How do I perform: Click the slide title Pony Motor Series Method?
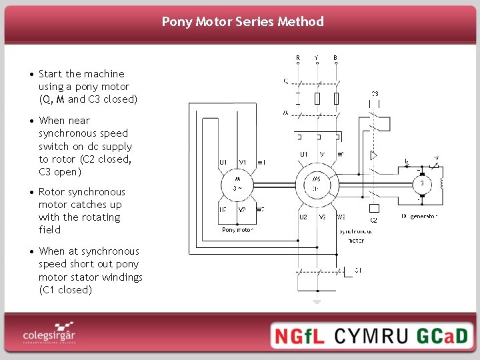pos(243,21)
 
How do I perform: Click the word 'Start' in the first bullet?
pos(51,74)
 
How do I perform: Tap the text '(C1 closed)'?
pos(65,290)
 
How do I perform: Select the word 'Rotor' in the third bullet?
pos(52,192)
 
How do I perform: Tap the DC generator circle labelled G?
pos(421,183)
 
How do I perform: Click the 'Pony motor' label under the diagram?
pos(237,230)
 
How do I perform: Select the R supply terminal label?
pos(297,57)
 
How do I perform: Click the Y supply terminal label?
pos(316,57)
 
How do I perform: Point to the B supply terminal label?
pos(335,57)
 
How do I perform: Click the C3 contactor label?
pos(375,94)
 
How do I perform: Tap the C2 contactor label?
pos(373,219)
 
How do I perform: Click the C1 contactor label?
pos(359,270)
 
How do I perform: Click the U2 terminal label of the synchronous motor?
pos(303,217)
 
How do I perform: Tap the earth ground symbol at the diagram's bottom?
pos(317,301)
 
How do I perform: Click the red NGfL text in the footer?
pos(299,335)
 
